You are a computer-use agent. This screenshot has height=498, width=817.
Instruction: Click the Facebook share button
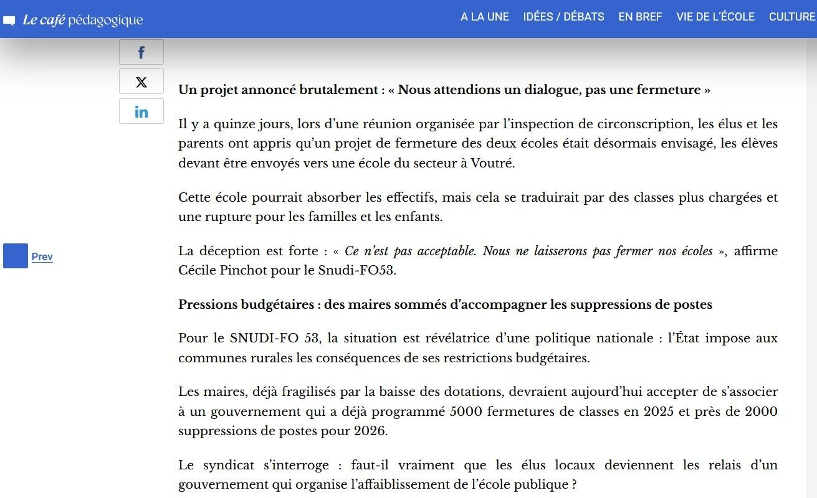(x=141, y=52)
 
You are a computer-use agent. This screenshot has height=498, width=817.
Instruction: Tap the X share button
(x=141, y=82)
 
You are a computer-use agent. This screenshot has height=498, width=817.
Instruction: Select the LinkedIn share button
(x=141, y=111)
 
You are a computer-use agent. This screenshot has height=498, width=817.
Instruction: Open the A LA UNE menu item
(x=485, y=17)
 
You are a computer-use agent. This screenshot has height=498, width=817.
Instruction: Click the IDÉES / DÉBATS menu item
(x=563, y=17)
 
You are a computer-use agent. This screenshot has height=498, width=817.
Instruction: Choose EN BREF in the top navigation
(x=640, y=17)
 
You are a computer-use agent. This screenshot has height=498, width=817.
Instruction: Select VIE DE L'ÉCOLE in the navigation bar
(x=715, y=17)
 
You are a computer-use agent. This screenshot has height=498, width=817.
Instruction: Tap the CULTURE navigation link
(x=792, y=17)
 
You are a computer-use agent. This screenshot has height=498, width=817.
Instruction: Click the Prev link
(x=42, y=256)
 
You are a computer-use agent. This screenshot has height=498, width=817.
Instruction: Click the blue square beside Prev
(x=16, y=256)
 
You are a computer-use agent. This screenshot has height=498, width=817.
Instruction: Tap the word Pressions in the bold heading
(x=206, y=304)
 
